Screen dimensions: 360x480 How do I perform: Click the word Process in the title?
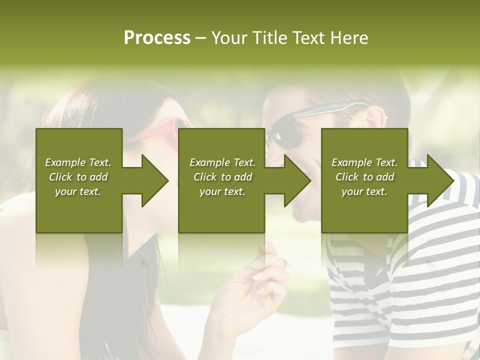[x=157, y=38]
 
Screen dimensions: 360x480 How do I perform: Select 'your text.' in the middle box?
[x=222, y=191]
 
